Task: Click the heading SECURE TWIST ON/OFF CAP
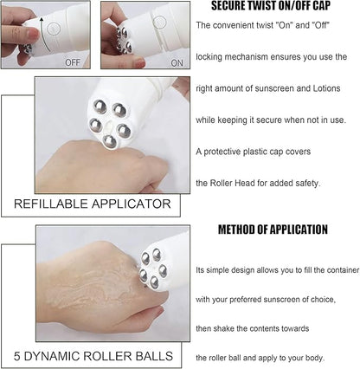point(267,6)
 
